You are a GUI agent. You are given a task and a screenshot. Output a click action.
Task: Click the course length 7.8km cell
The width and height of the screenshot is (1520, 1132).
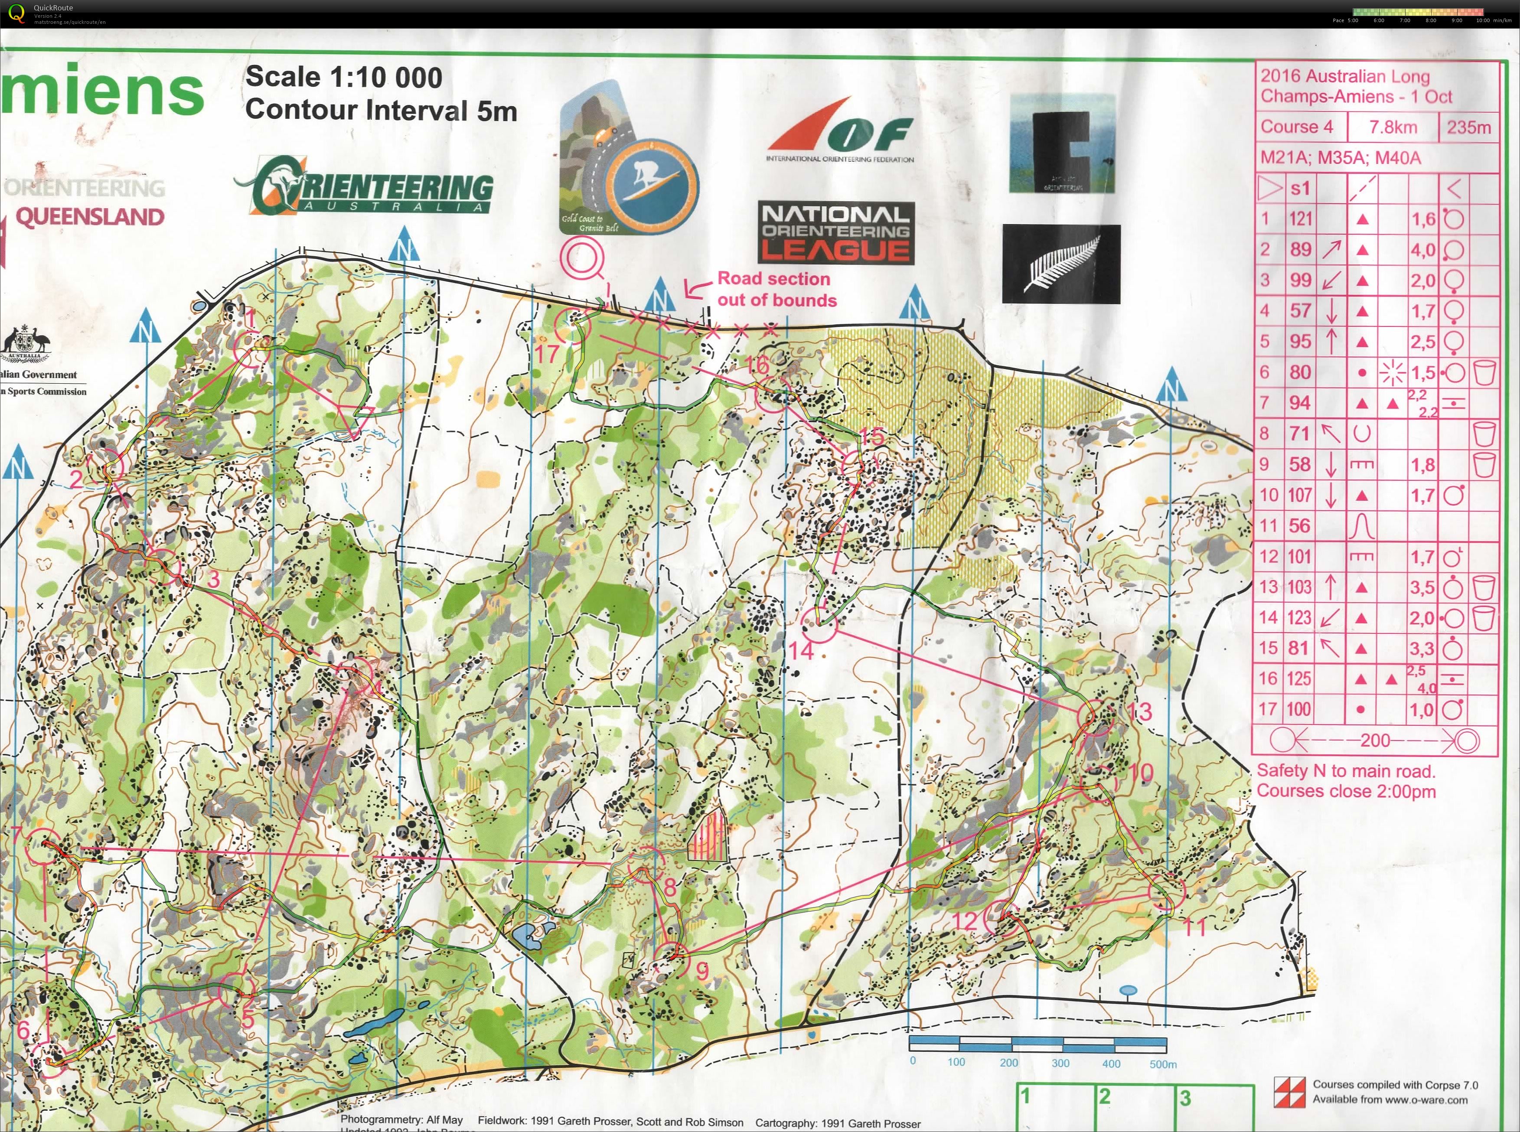click(x=1393, y=127)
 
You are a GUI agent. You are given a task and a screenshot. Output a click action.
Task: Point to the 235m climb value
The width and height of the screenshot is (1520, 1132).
click(x=1468, y=127)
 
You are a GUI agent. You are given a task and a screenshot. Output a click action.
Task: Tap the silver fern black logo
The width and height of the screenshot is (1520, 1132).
click(x=1061, y=264)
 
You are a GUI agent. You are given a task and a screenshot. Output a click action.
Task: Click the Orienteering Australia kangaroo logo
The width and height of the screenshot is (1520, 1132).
click(x=364, y=186)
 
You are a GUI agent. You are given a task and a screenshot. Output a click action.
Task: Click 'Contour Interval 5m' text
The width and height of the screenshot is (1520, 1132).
click(x=381, y=110)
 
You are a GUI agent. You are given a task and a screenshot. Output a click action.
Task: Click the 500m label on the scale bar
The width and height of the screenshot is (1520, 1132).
click(x=1162, y=1063)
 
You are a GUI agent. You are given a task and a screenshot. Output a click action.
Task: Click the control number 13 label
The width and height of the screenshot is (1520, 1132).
click(x=1140, y=711)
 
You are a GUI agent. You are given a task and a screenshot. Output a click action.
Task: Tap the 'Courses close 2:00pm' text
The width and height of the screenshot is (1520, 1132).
click(x=1345, y=791)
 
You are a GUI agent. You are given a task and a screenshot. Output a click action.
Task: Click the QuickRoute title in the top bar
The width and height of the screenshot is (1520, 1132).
click(x=53, y=7)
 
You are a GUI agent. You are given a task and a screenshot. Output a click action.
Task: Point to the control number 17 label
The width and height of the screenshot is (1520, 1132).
click(x=547, y=354)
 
